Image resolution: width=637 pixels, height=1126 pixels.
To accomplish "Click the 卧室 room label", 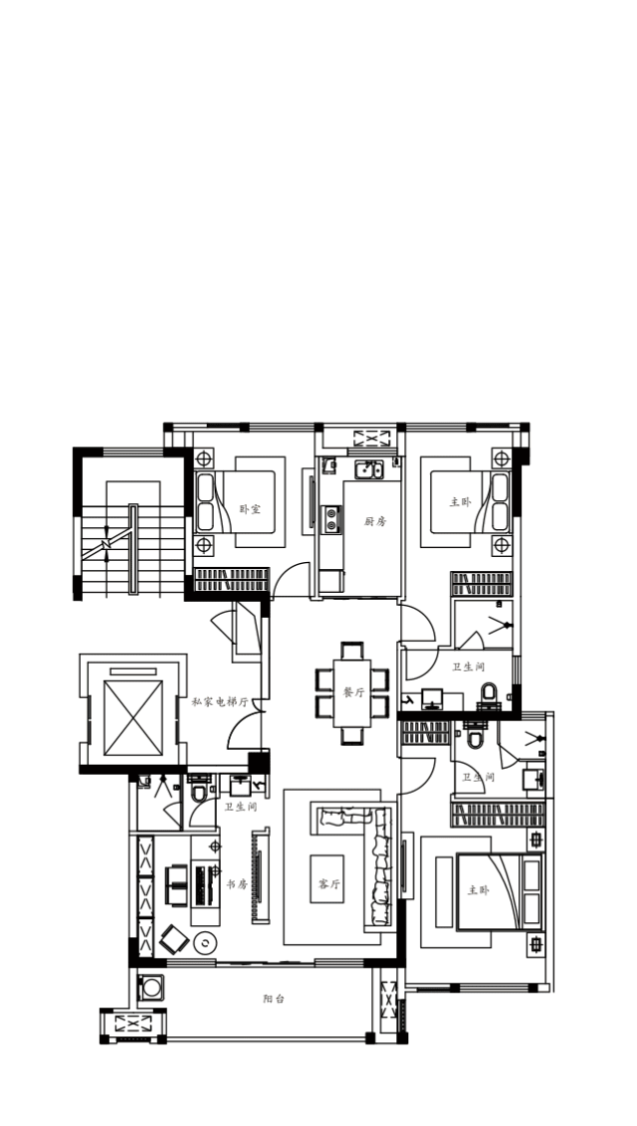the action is click(250, 509).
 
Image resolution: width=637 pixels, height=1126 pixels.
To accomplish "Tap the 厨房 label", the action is click(375, 521).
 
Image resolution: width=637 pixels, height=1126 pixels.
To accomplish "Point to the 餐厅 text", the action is click(354, 693).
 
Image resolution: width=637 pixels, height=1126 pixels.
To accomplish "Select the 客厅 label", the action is click(330, 884).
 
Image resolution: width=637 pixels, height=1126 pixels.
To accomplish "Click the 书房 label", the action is click(237, 884).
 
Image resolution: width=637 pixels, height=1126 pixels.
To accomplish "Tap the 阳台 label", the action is click(274, 998).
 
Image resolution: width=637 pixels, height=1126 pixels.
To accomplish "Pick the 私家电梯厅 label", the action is click(220, 701).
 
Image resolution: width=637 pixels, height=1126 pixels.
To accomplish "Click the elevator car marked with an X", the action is click(132, 718).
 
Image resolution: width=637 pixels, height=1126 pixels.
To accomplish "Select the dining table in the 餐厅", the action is click(352, 693).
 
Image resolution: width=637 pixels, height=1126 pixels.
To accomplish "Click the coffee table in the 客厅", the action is click(326, 879).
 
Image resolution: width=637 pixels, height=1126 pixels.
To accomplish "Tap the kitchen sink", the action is click(369, 471).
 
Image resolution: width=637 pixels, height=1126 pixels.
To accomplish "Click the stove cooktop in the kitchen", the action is click(331, 519).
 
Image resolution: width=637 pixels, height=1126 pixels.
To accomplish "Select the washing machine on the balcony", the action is click(151, 988).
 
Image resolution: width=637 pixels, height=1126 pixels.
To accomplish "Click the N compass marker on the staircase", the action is click(106, 545).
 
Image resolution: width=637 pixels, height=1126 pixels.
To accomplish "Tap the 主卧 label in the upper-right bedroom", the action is click(461, 502).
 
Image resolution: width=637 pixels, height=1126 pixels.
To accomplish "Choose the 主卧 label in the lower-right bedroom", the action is click(479, 890).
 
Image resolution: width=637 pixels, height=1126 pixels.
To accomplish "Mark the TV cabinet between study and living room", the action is click(260, 876).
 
